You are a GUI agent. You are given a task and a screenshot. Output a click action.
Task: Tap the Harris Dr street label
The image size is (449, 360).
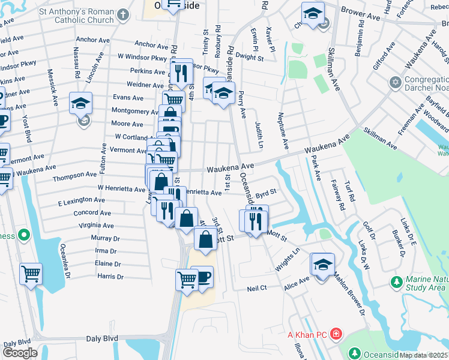110,277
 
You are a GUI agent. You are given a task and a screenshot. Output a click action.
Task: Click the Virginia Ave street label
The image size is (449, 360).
96,226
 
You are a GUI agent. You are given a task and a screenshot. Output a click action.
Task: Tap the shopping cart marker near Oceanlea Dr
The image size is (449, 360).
31,274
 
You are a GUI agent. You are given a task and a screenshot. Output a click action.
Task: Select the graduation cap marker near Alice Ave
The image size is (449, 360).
322,265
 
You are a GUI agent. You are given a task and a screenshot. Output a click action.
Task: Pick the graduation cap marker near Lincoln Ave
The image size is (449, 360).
80,103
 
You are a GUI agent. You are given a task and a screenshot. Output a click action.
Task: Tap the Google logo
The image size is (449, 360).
20,352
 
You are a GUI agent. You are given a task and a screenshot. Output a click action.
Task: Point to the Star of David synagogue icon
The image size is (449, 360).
396,82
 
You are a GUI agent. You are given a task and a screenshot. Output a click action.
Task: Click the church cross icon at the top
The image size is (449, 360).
122,14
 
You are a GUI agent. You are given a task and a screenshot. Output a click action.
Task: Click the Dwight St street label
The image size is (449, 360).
250,58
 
